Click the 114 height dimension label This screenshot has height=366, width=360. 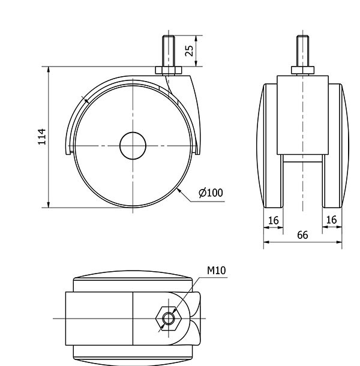pos(42,137)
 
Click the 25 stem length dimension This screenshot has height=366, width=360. pos(190,50)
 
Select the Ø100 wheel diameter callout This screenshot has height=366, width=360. pos(211,193)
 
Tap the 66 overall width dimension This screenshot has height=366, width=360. pos(302,235)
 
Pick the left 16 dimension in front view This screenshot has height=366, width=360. pos(273,220)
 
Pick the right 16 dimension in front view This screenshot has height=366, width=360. pos(331,220)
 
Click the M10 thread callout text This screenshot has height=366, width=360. pos(217,271)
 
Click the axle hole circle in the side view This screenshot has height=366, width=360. pos(133,146)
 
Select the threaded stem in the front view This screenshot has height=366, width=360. pos(303,51)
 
